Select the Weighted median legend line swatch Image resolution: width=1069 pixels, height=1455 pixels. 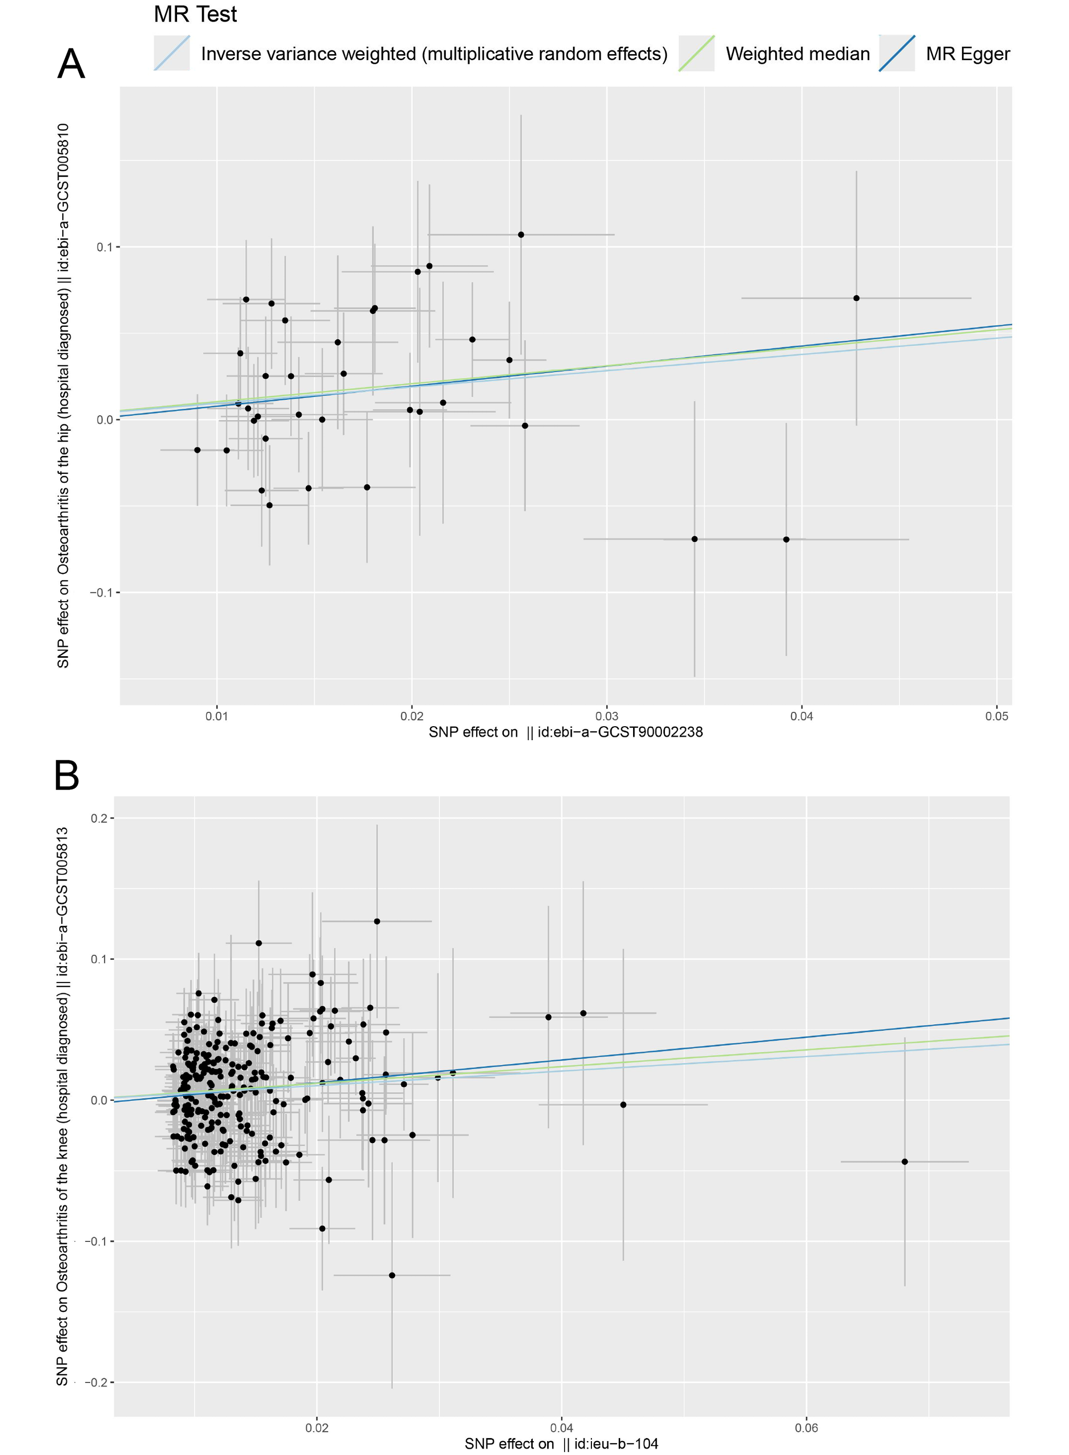point(696,53)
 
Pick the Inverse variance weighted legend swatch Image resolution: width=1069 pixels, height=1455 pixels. point(171,53)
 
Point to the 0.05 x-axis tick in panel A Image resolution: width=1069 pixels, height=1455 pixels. point(996,716)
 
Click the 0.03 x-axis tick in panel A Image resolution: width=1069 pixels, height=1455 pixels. point(606,716)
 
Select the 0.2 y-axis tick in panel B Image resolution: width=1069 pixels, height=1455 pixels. point(99,818)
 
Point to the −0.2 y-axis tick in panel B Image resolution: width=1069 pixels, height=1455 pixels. point(96,1382)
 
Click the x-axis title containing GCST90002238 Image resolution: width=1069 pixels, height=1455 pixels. point(565,732)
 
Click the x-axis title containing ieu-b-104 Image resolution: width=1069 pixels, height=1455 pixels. point(561,1443)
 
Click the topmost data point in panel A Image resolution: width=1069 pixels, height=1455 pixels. point(521,235)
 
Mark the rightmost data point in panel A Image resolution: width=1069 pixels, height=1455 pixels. point(856,298)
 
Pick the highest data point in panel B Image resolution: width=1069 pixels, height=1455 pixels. point(377,921)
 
